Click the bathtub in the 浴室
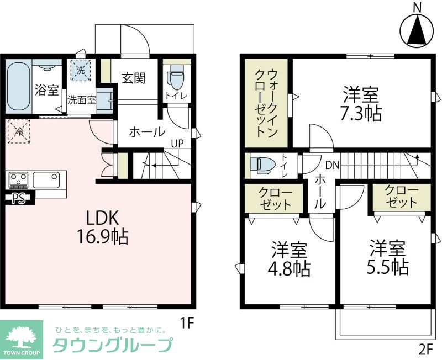coord(18,86)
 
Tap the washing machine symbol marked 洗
coord(81,70)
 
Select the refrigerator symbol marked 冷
coord(19,131)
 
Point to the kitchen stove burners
coord(19,180)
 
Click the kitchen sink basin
coord(46,180)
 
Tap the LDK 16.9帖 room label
coord(103,227)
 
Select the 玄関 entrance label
coord(134,78)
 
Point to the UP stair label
coord(177,144)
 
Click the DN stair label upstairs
coord(333,165)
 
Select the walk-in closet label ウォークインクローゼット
coord(266,103)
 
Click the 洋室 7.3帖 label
coord(361,104)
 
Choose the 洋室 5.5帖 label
coord(388,257)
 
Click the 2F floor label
coord(425,350)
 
